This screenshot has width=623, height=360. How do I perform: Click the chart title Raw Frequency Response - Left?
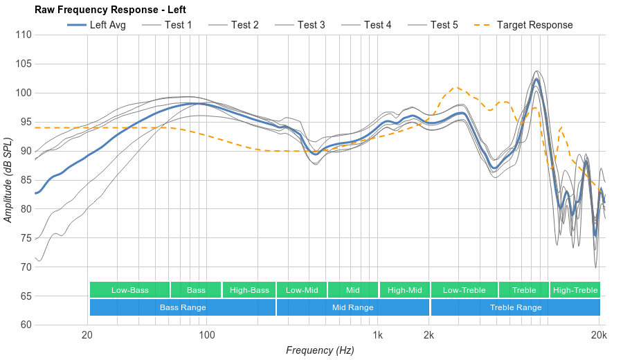pyautogui.click(x=110, y=10)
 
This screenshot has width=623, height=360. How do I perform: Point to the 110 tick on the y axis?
pyautogui.click(x=24, y=35)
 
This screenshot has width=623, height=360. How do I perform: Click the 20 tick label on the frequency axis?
pyautogui.click(x=87, y=335)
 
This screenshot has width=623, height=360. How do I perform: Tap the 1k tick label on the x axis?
pyautogui.click(x=377, y=335)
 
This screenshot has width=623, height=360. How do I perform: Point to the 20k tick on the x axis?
pyautogui.click(x=599, y=335)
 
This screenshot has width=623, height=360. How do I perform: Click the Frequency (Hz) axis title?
pyautogui.click(x=320, y=350)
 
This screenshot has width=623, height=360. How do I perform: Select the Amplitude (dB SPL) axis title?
pyautogui.click(x=8, y=180)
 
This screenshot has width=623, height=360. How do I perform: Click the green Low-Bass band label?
pyautogui.click(x=129, y=290)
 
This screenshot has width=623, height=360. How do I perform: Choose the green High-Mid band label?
pyautogui.click(x=405, y=290)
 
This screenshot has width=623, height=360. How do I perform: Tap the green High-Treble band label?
pyautogui.click(x=575, y=290)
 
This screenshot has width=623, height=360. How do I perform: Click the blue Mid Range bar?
pyautogui.click(x=352, y=307)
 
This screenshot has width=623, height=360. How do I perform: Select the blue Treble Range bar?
pyautogui.click(x=516, y=307)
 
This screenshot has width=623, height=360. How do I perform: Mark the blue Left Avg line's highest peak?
pyautogui.click(x=536, y=79)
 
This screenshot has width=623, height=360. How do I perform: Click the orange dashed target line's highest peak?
pyautogui.click(x=455, y=87)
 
